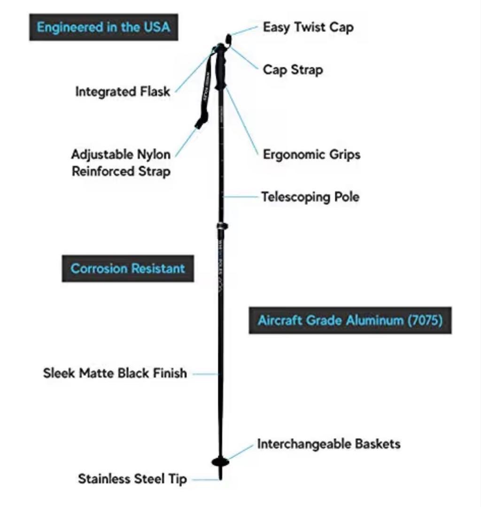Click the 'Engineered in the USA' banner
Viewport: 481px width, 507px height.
(103, 27)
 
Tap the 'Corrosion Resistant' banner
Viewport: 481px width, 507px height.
(128, 269)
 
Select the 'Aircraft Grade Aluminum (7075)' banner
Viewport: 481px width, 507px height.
(350, 320)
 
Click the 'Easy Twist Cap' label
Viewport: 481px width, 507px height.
(308, 28)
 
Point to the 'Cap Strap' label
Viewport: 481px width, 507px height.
(293, 70)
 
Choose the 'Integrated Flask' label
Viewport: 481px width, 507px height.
(123, 92)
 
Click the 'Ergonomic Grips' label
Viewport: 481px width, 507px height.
(311, 154)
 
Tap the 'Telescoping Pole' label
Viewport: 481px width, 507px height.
(310, 197)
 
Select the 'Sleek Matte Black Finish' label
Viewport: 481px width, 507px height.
(115, 373)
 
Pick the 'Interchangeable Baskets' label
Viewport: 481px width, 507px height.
(329, 444)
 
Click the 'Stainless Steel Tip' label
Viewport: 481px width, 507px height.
(132, 479)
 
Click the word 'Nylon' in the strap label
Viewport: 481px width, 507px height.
(154, 154)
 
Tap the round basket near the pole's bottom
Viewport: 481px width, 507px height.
(220, 462)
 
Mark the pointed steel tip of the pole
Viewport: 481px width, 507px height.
(221, 474)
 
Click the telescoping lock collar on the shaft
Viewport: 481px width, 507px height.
(222, 226)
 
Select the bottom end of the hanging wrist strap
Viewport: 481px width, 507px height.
(200, 123)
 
